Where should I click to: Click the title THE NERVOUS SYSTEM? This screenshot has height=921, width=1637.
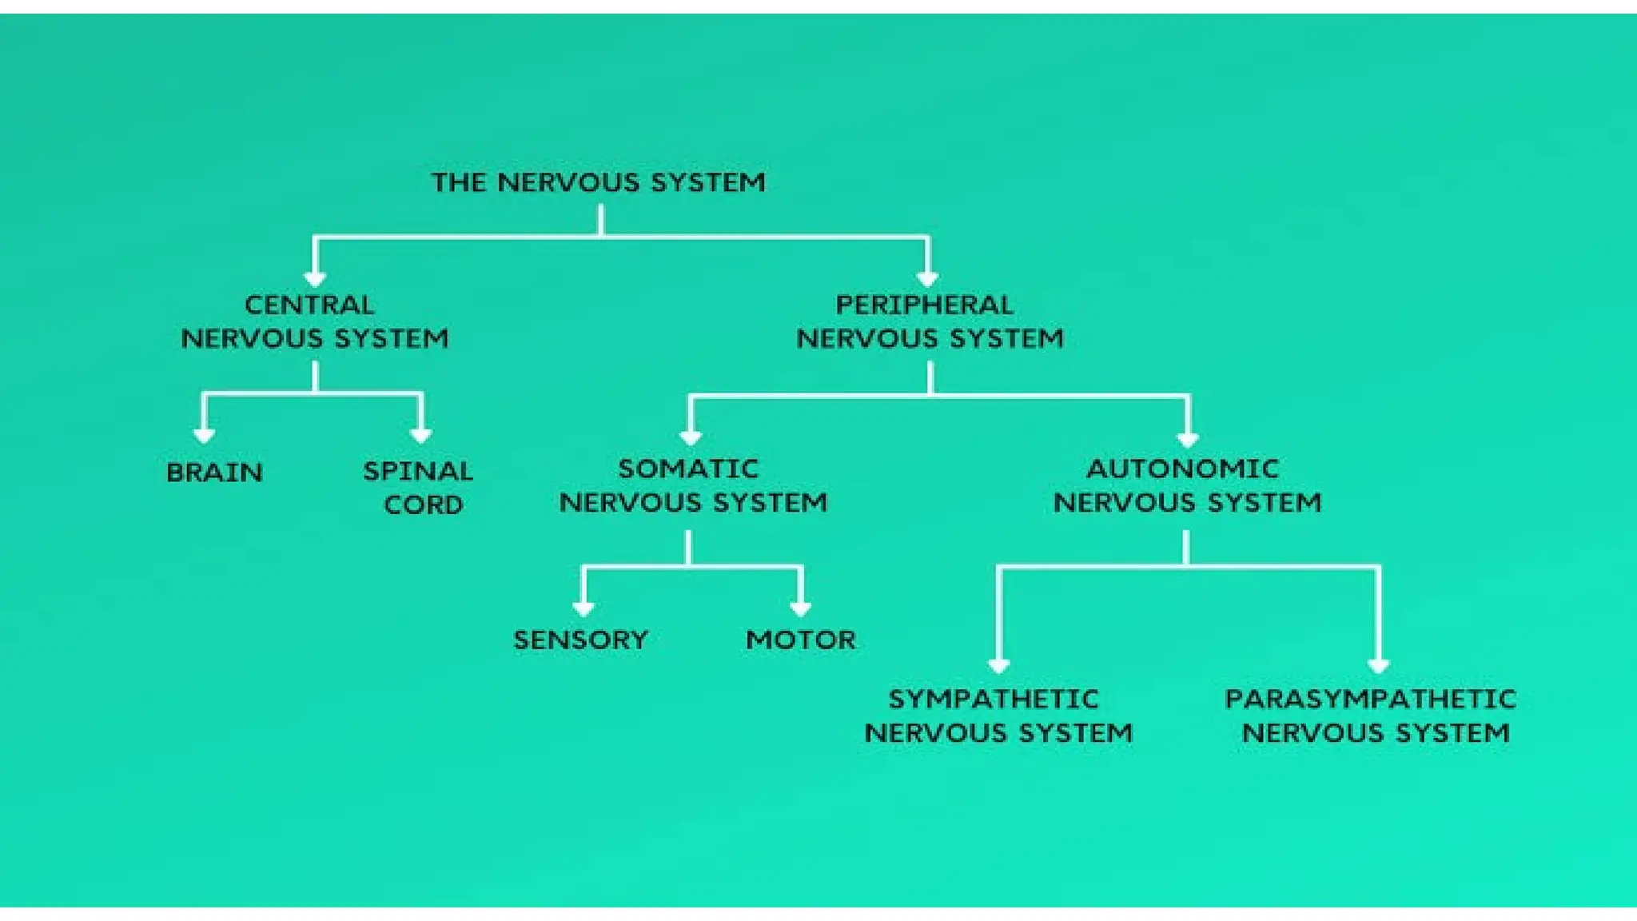pyautogui.click(x=598, y=182)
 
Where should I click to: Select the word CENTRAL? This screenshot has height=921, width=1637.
pyautogui.click(x=309, y=305)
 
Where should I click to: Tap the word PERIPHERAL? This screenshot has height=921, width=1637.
pyautogui.click(x=925, y=305)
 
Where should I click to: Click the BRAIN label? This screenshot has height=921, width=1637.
pyautogui.click(x=214, y=472)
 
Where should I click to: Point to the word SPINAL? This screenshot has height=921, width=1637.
pyautogui.click(x=418, y=471)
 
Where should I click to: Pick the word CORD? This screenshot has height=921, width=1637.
pyautogui.click(x=423, y=505)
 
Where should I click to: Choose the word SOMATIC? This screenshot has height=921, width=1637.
pyautogui.click(x=688, y=468)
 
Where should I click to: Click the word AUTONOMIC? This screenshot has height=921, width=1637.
pyautogui.click(x=1183, y=468)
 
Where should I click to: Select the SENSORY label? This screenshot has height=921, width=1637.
pyautogui.click(x=580, y=640)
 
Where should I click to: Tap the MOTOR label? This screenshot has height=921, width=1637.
pyautogui.click(x=801, y=640)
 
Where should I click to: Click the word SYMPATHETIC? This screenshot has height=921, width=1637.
pyautogui.click(x=994, y=700)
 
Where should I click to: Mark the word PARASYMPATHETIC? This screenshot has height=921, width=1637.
pyautogui.click(x=1370, y=700)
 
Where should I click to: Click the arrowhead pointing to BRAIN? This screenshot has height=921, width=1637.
pyautogui.click(x=205, y=435)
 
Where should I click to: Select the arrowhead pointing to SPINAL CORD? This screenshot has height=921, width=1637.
pyautogui.click(x=421, y=435)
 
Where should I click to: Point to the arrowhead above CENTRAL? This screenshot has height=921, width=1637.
pyautogui.click(x=315, y=278)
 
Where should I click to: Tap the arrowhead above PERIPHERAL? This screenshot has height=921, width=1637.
pyautogui.click(x=927, y=278)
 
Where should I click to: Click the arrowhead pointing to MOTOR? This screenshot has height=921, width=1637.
pyautogui.click(x=801, y=608)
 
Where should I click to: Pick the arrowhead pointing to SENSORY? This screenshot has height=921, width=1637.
pyautogui.click(x=584, y=608)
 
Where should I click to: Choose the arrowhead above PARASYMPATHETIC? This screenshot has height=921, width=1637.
pyautogui.click(x=1378, y=666)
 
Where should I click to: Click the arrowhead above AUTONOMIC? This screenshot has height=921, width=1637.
pyautogui.click(x=1188, y=439)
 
